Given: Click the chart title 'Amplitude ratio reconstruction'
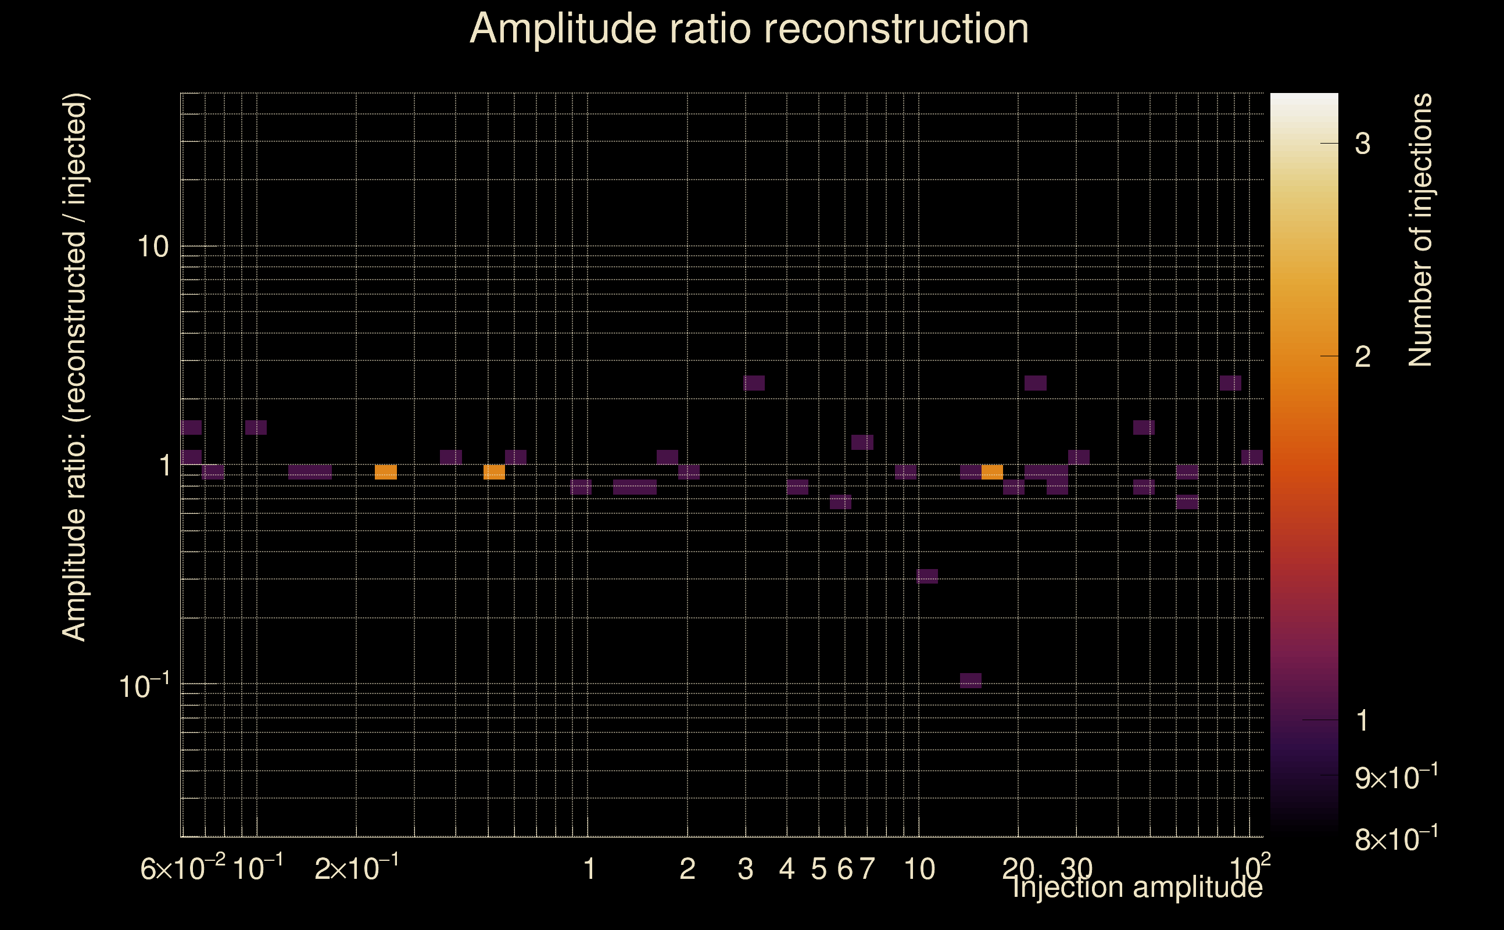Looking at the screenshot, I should pyautogui.click(x=749, y=29).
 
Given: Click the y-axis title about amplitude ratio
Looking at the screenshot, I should pyautogui.click(x=75, y=367).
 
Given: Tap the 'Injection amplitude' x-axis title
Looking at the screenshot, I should pyautogui.click(x=1137, y=887).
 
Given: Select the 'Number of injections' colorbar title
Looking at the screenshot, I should pyautogui.click(x=1420, y=230).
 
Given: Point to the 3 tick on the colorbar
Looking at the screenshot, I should pyautogui.click(x=1363, y=144).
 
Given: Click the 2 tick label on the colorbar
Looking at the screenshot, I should pyautogui.click(x=1363, y=357).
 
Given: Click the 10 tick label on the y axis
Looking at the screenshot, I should pyautogui.click(x=152, y=247).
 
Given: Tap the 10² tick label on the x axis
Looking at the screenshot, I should pyautogui.click(x=1249, y=868).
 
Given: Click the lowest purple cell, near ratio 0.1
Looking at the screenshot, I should pyautogui.click(x=971, y=680).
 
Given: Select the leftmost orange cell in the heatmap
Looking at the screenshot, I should pyautogui.click(x=385, y=472).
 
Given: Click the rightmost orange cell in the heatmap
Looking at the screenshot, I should pyautogui.click(x=992, y=472).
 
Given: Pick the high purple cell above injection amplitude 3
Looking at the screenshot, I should pyautogui.click(x=754, y=383).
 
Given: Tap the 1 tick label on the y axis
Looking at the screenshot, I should pyautogui.click(x=164, y=466).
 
